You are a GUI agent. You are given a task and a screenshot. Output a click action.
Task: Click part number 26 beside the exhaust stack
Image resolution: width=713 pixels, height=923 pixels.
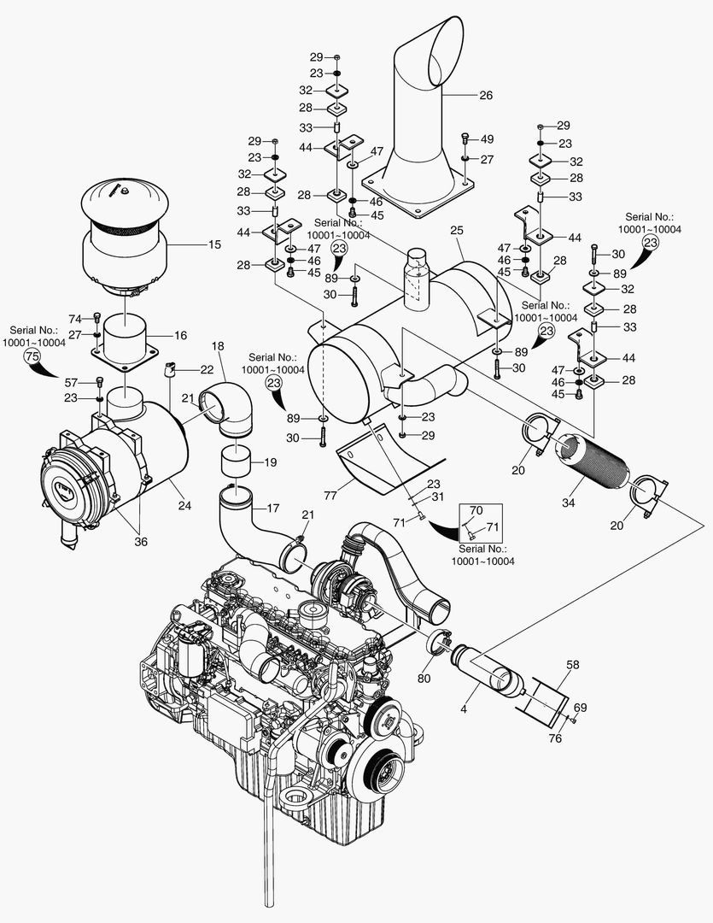(x=486, y=96)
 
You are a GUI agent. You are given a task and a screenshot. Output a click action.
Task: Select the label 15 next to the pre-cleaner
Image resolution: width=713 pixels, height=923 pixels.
(x=213, y=244)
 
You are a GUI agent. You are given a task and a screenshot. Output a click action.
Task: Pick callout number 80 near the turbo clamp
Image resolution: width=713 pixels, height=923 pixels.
(x=424, y=680)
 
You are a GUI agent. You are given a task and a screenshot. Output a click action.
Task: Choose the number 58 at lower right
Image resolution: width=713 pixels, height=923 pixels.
(x=572, y=664)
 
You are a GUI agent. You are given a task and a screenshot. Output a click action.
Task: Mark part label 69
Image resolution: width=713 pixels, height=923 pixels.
(x=580, y=708)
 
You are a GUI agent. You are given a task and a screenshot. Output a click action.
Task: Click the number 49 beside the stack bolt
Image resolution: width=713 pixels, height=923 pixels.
(x=487, y=139)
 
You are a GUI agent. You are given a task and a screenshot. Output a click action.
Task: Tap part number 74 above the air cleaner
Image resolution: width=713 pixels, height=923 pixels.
(x=74, y=318)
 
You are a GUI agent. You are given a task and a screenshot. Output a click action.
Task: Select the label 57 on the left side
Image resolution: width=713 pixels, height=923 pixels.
(x=72, y=382)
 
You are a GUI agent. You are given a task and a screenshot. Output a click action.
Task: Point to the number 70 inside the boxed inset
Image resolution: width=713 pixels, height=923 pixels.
(x=476, y=509)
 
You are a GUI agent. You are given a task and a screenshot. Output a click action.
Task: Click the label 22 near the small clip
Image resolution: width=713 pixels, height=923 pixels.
(x=207, y=369)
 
